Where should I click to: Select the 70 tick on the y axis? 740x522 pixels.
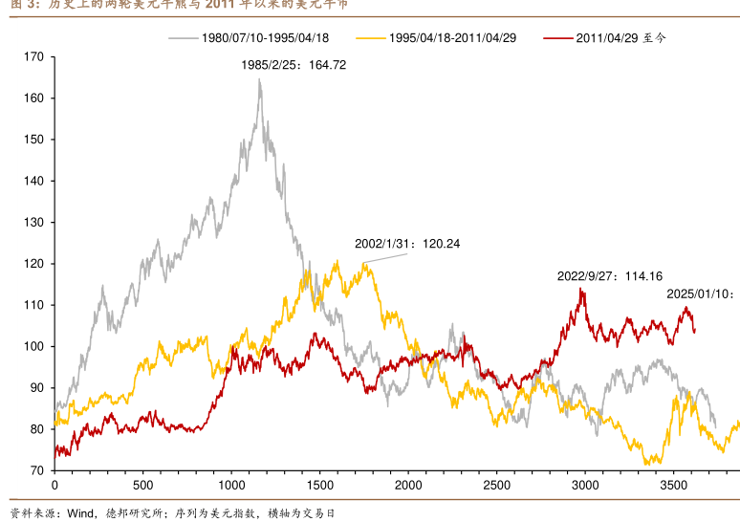pyautogui.click(x=36, y=470)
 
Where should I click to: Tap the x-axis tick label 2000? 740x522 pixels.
pyautogui.click(x=408, y=485)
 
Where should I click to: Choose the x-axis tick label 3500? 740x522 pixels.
pyautogui.click(x=673, y=485)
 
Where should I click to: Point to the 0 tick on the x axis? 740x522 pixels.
pyautogui.click(x=54, y=485)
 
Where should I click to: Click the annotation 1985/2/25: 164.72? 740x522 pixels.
pyautogui.click(x=294, y=65)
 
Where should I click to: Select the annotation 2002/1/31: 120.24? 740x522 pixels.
pyautogui.click(x=407, y=244)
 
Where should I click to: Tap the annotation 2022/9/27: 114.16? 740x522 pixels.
pyautogui.click(x=610, y=276)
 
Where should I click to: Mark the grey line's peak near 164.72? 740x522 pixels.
pyautogui.click(x=259, y=79)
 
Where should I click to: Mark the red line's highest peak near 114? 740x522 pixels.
pyautogui.click(x=580, y=289)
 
